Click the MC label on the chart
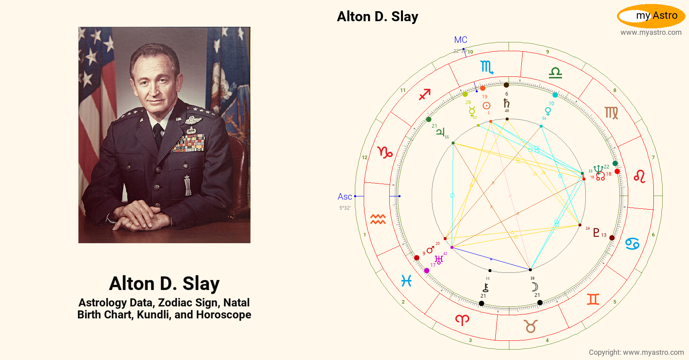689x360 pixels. (461, 40)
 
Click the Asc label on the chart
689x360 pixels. (344, 196)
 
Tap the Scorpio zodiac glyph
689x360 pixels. (487, 67)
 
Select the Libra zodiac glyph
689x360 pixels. (555, 72)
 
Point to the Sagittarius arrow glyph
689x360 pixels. (425, 94)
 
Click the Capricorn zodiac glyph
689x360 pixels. (385, 152)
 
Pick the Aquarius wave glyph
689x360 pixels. (378, 219)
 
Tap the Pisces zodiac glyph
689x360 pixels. (407, 281)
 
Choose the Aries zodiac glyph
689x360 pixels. (462, 320)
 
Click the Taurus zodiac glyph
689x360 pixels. (531, 326)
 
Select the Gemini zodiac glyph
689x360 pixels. (593, 299)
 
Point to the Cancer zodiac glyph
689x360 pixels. (632, 244)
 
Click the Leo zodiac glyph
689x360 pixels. (639, 176)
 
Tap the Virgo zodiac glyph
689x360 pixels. (611, 113)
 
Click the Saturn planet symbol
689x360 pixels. (507, 103)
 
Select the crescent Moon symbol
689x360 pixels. (535, 287)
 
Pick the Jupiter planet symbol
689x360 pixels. (440, 132)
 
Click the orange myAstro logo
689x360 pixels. (651, 16)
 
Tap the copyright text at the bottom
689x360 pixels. (636, 352)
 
